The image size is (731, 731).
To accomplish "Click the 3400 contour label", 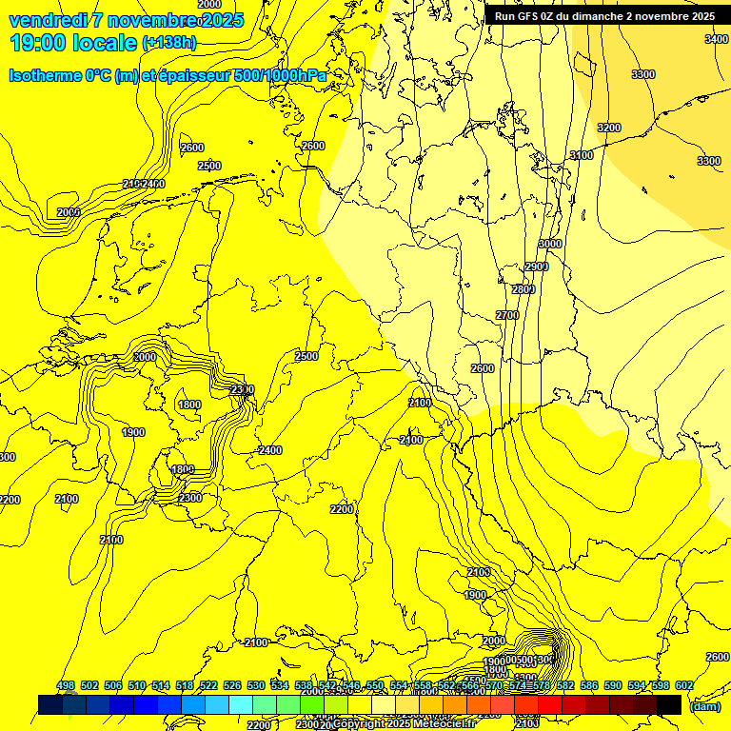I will [717, 39].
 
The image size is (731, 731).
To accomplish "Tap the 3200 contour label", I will [609, 128].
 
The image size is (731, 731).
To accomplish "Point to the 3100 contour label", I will [582, 155].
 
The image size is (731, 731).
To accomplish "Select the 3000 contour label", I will [549, 244].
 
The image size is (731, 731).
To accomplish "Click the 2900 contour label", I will [537, 267].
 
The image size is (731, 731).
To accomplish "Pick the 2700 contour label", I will [507, 315].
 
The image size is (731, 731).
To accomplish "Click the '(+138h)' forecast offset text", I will [168, 43].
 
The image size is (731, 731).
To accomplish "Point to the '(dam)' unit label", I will [704, 705].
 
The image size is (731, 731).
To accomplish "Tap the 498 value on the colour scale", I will [66, 686].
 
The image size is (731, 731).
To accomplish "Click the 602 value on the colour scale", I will [683, 686].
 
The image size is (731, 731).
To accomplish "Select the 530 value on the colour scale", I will [256, 686].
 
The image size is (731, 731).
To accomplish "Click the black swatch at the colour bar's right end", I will [669, 704].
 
